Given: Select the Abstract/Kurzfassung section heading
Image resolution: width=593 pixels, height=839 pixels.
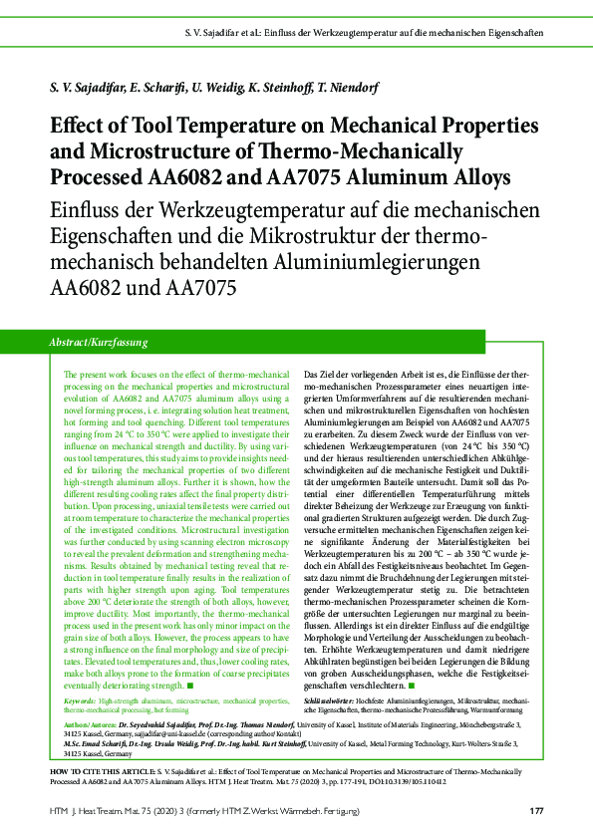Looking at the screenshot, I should (98, 342).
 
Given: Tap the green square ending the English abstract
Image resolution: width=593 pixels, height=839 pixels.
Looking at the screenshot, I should (189, 687).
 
